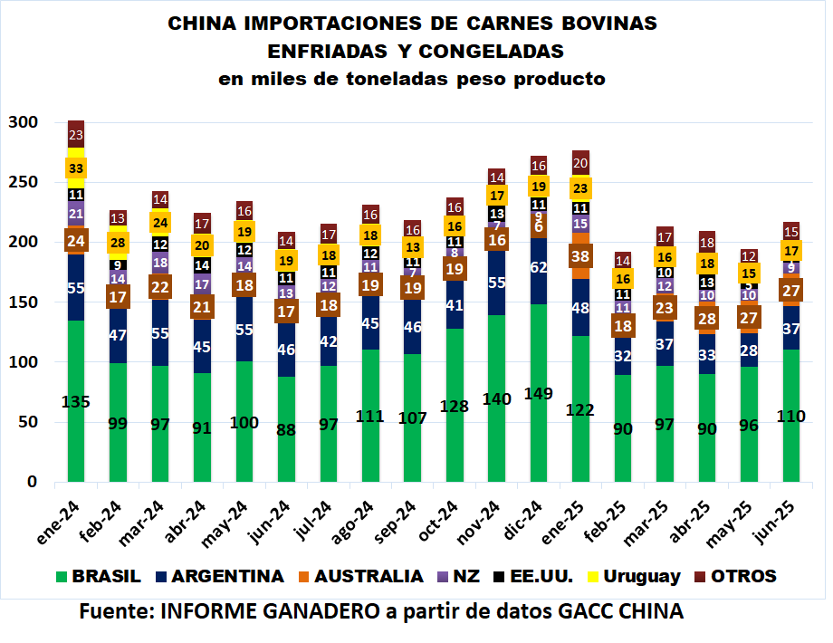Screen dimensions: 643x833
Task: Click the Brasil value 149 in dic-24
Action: [x=538, y=394]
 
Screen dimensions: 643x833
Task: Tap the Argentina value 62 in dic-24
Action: [x=539, y=266]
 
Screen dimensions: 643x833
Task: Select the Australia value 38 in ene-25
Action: [x=580, y=256]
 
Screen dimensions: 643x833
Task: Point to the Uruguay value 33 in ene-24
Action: [x=76, y=168]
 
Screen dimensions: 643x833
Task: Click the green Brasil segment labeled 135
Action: [x=76, y=402]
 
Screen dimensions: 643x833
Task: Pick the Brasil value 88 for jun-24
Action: [x=286, y=429]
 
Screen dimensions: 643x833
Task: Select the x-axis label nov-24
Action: [x=484, y=520]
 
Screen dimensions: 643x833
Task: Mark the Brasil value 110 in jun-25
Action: [x=790, y=416]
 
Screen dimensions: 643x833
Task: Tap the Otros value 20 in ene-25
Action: [x=580, y=163]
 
